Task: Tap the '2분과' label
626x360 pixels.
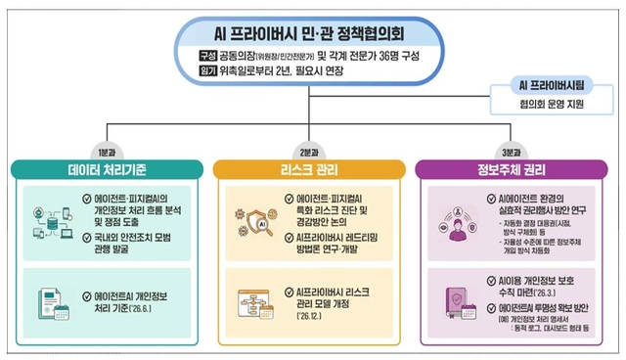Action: click(313, 152)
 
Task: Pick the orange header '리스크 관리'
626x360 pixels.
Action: click(312, 169)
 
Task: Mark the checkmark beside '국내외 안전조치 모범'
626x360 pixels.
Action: click(88, 237)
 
